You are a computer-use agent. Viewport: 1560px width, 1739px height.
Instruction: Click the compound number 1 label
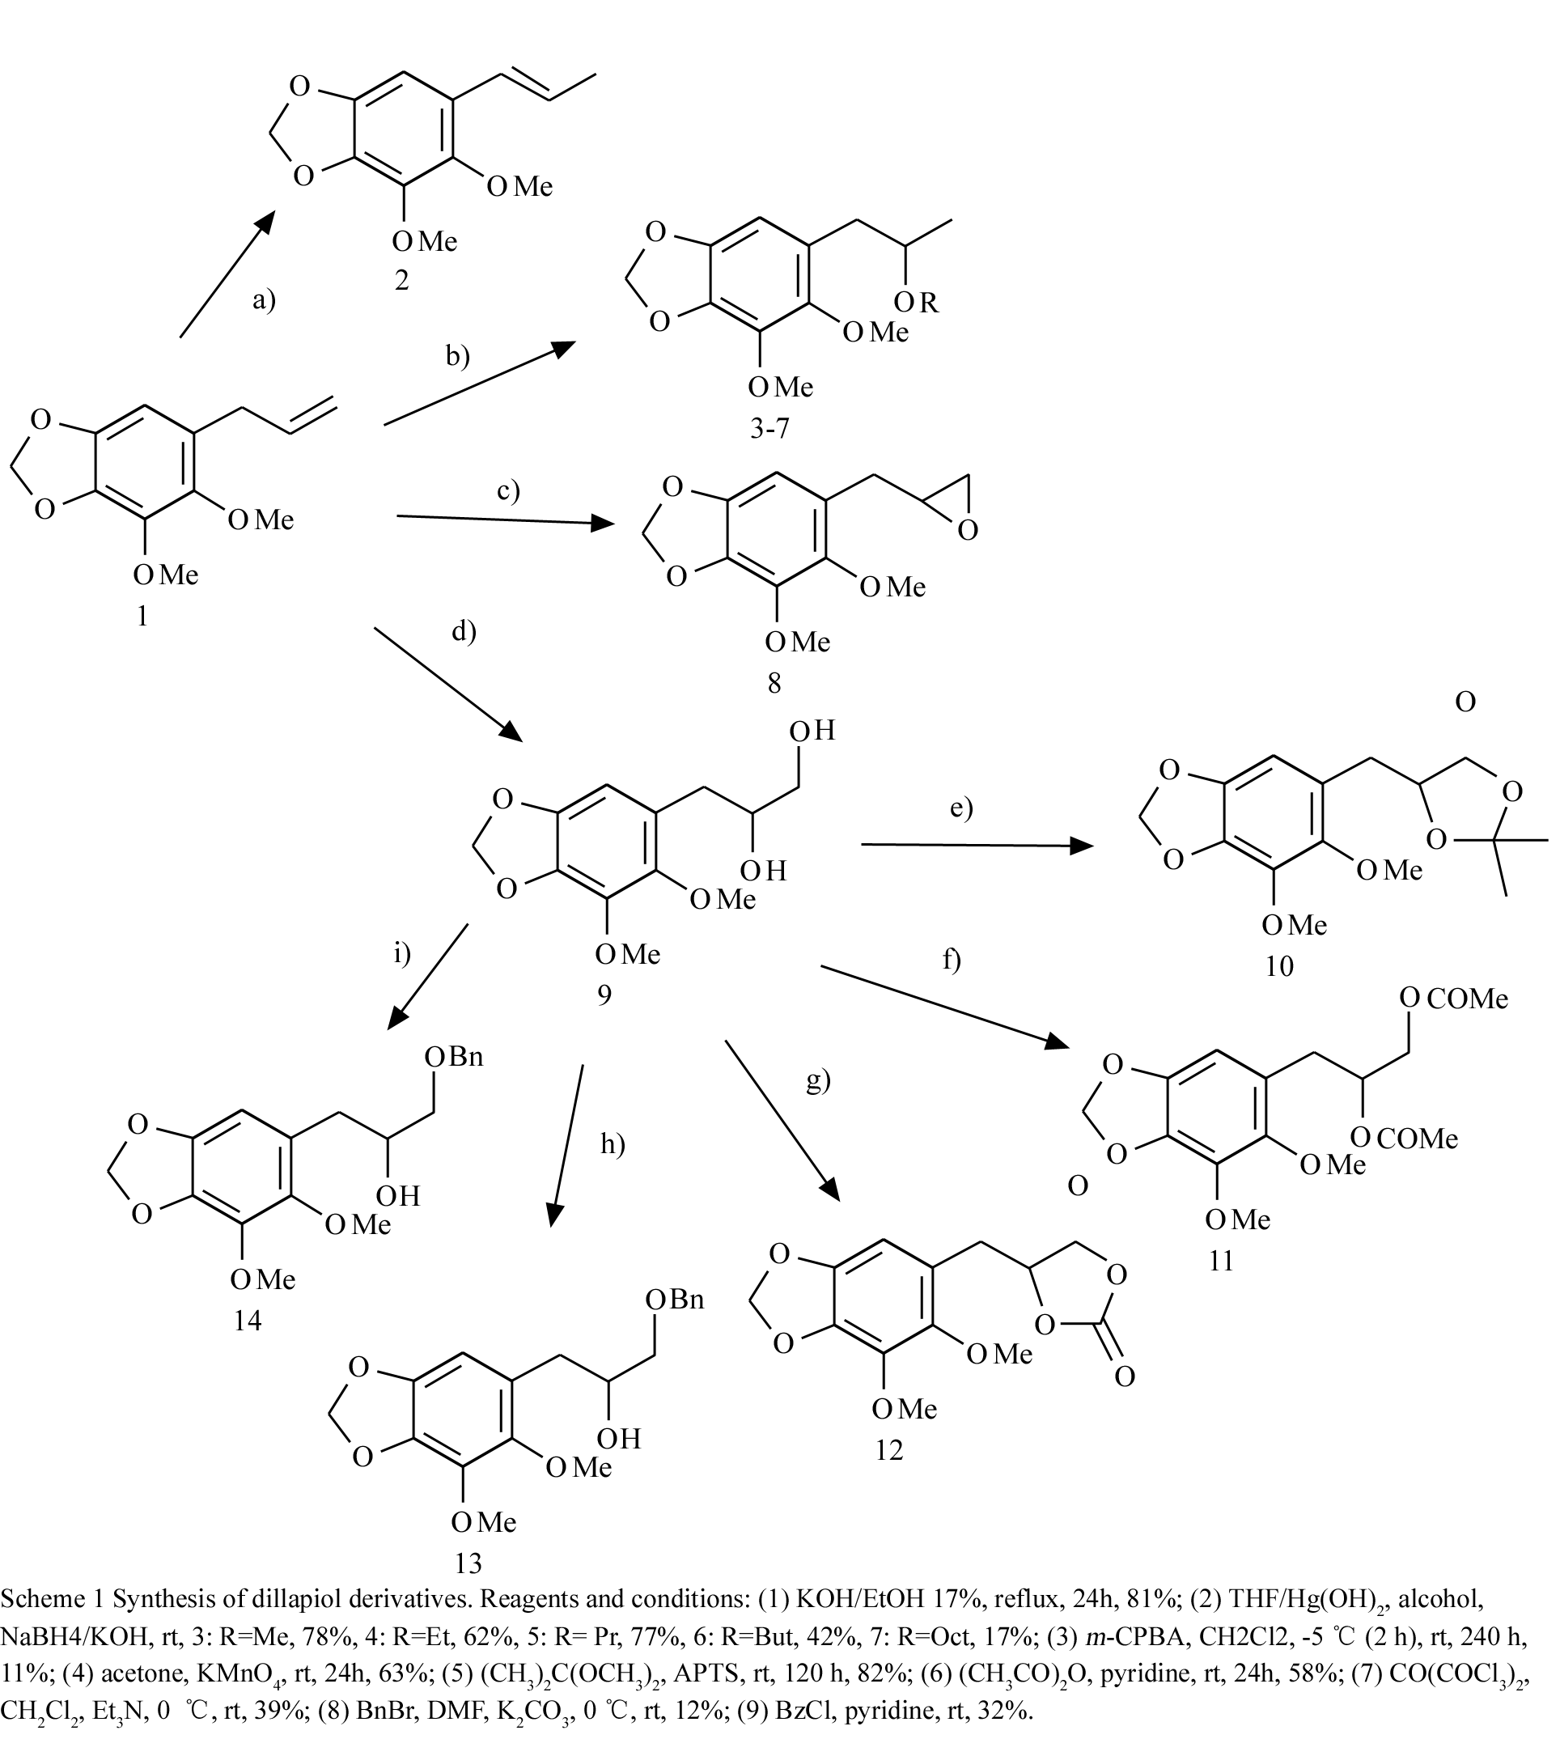(x=142, y=615)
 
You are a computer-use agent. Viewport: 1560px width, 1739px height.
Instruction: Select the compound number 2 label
(x=401, y=279)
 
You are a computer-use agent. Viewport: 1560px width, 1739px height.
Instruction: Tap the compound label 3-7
(x=769, y=428)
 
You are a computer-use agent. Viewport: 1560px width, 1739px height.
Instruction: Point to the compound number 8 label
(x=774, y=682)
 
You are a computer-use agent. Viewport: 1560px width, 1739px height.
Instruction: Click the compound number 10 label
(x=1279, y=966)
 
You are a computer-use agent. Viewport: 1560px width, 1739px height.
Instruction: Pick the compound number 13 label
(x=468, y=1563)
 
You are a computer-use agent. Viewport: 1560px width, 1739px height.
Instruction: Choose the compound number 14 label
(x=247, y=1321)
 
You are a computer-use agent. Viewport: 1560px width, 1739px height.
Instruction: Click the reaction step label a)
(x=263, y=299)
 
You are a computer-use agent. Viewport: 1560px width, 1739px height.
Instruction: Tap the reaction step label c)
(x=508, y=490)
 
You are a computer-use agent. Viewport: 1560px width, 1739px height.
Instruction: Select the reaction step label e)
(x=962, y=808)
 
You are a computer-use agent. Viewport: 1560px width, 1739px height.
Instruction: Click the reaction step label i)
(x=402, y=952)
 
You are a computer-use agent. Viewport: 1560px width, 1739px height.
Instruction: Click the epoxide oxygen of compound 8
(x=968, y=532)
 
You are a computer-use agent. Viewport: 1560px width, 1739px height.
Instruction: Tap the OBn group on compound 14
(x=454, y=1057)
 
